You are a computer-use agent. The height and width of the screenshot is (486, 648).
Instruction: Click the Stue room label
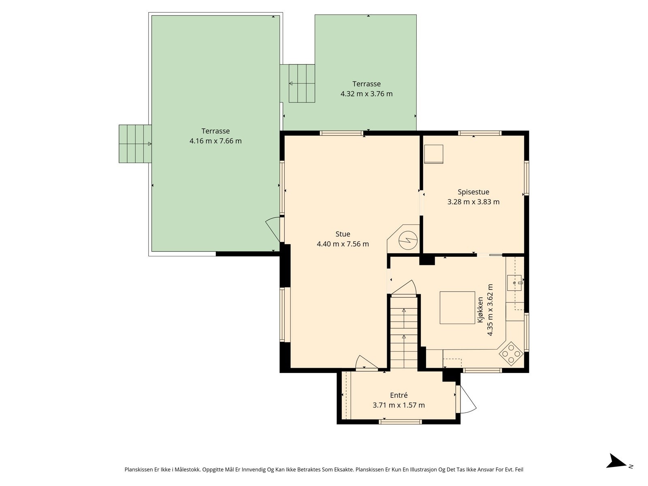[x=343, y=234]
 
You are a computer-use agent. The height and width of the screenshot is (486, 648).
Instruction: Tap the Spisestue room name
[x=473, y=192]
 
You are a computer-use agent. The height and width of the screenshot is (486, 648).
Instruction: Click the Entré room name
[x=399, y=395]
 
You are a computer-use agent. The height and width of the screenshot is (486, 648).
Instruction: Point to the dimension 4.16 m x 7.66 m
[x=215, y=141]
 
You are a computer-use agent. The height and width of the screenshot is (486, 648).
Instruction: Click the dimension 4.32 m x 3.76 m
[x=367, y=94]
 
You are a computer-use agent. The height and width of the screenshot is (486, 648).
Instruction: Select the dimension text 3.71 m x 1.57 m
[x=399, y=405]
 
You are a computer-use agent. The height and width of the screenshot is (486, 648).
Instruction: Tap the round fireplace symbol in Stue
[x=408, y=240]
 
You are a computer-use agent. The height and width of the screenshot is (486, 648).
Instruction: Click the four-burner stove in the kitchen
[x=511, y=354]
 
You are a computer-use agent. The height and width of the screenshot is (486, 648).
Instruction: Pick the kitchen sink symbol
[x=515, y=283]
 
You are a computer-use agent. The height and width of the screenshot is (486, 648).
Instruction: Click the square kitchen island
[x=457, y=308]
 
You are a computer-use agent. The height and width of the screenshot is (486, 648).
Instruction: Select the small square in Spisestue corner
[x=434, y=154]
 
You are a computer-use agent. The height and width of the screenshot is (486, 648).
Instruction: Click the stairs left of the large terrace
[x=135, y=144]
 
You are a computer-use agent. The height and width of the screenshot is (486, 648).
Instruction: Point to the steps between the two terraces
[x=302, y=83]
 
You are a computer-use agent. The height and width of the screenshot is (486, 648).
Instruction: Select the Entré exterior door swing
[x=466, y=399]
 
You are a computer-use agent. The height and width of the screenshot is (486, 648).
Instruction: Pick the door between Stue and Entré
[x=367, y=362]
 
